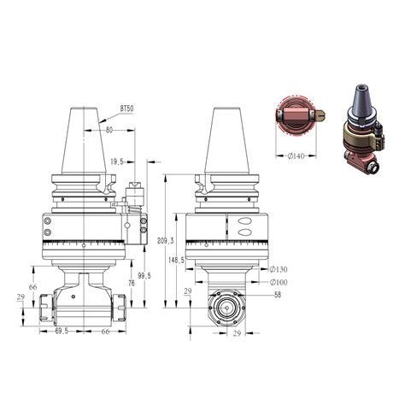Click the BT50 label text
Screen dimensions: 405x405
tap(126, 109)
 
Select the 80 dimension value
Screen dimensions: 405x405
tap(109, 130)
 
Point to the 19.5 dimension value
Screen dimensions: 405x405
tap(117, 162)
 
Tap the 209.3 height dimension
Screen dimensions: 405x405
tap(165, 241)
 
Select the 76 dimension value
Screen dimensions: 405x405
tap(131, 284)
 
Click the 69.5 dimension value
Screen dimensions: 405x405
tap(62, 332)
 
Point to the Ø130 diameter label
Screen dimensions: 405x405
tap(279, 269)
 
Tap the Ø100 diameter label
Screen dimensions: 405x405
tap(279, 282)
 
